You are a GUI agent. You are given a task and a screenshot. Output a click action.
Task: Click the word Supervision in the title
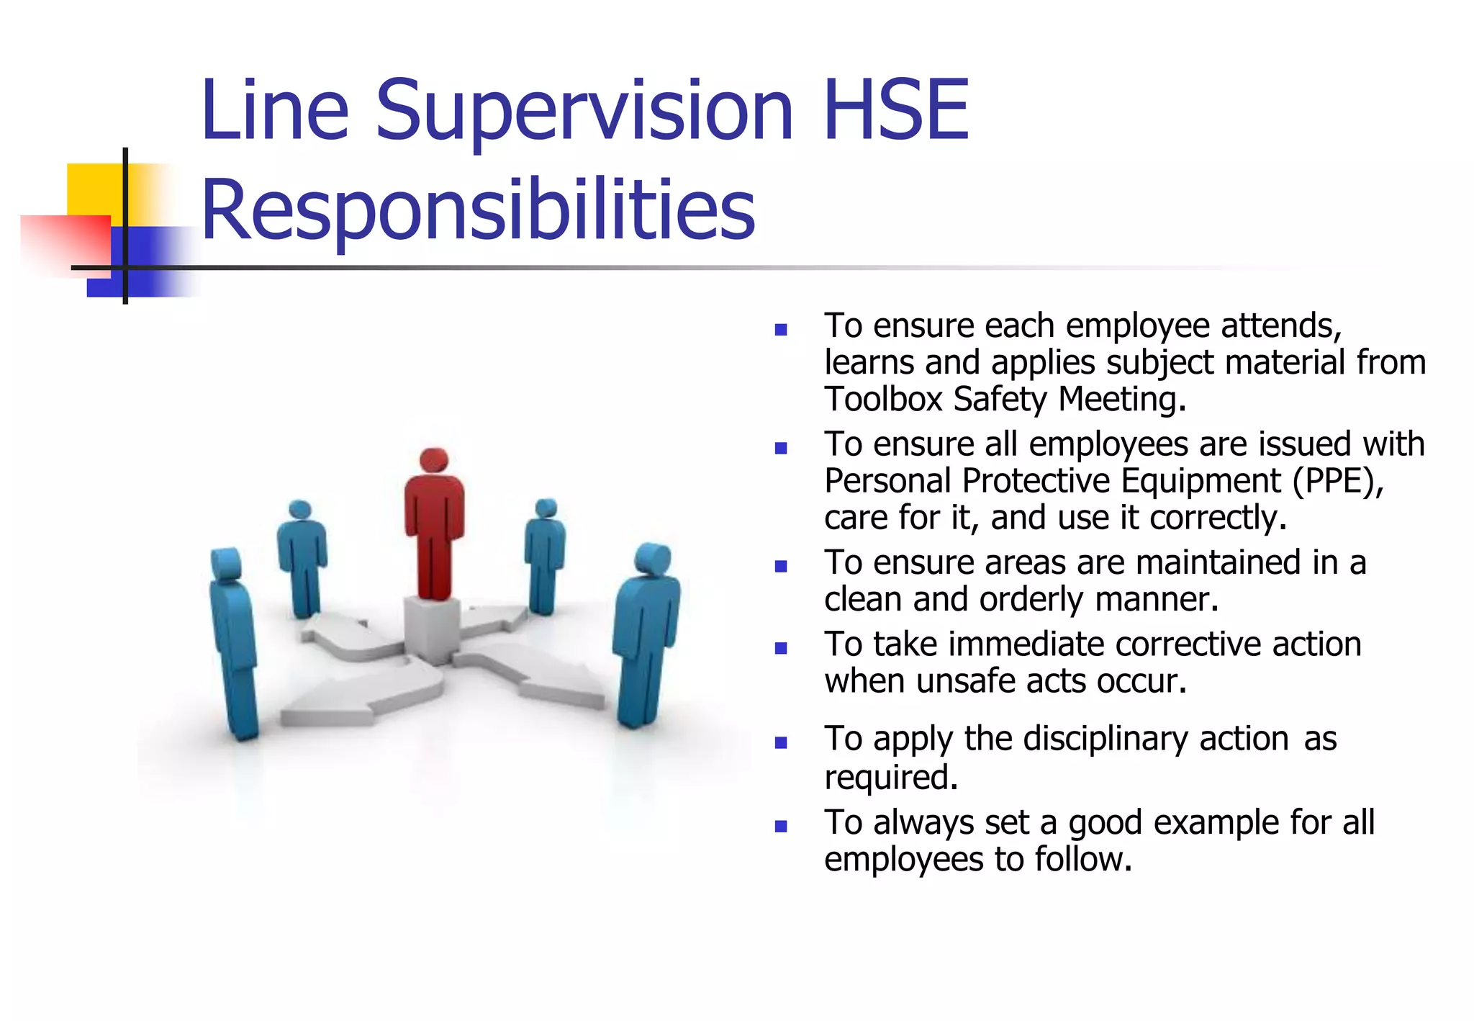coord(584,112)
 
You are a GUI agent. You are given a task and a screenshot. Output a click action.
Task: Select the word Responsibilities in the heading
coord(478,210)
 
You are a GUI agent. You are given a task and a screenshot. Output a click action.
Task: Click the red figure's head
coord(434,461)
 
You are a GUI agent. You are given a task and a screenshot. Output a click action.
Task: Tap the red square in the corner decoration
coord(65,245)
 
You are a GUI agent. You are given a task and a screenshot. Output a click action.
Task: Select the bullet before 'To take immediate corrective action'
coord(781,648)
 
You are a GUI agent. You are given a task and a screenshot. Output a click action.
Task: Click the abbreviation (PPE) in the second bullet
coord(1338,481)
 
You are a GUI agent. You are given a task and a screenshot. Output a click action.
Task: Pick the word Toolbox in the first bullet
coord(883,399)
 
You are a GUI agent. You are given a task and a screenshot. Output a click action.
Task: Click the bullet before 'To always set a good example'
coord(781,826)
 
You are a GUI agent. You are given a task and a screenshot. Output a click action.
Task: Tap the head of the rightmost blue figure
coord(654,559)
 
